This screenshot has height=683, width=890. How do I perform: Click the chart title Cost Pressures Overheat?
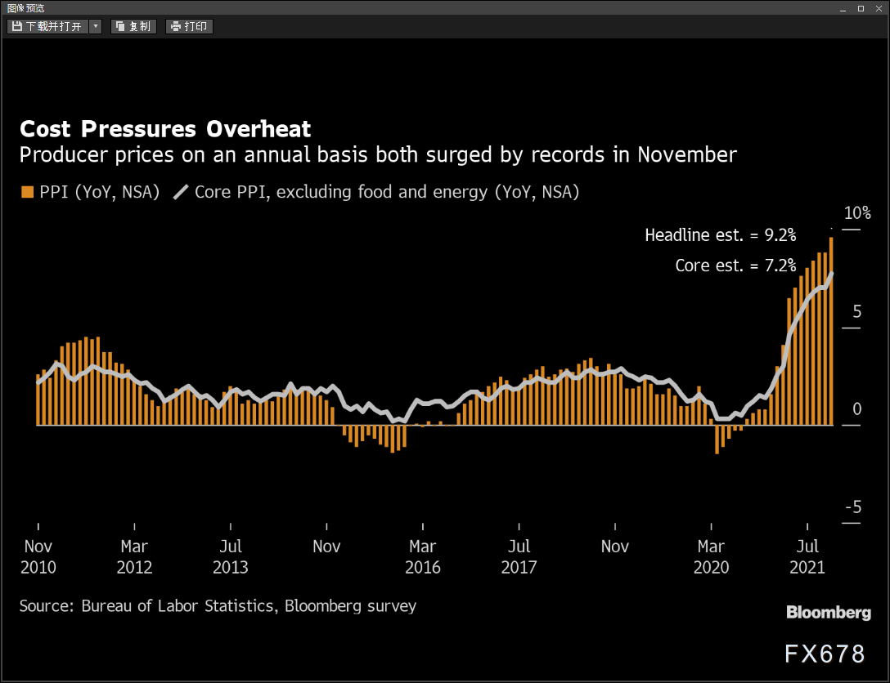point(165,128)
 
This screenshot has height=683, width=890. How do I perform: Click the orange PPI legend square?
point(27,192)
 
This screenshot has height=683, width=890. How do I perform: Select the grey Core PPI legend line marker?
point(181,192)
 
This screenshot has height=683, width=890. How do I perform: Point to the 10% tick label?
point(857,213)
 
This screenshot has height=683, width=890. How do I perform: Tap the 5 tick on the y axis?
point(857,311)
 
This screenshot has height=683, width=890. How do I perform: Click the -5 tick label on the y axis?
point(853,507)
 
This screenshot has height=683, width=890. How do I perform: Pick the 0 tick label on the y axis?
point(857,408)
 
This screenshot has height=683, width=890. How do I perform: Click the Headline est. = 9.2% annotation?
point(721,235)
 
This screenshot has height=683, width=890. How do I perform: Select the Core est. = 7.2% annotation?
point(735,266)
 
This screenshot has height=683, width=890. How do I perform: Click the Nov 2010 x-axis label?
point(38,556)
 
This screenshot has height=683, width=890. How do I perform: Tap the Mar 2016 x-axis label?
point(423,556)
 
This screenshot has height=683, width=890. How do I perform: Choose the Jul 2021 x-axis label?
point(807,556)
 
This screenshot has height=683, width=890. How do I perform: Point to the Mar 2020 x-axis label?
point(711,556)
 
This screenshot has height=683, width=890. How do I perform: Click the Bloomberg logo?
point(829,613)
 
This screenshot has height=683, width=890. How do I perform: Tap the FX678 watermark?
point(825,654)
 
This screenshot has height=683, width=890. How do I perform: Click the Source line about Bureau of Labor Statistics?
point(218,606)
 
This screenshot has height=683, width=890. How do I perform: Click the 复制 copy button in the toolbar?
point(133,27)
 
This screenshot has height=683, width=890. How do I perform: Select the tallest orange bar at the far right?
point(831,331)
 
